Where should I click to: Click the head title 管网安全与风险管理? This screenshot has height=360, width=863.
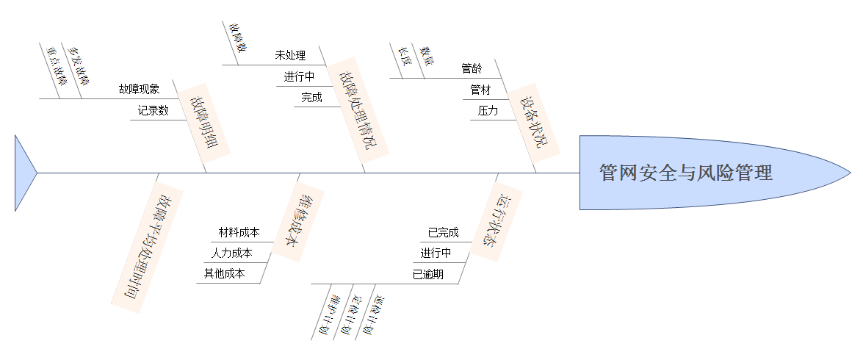[685, 173]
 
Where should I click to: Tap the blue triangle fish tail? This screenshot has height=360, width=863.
[24, 173]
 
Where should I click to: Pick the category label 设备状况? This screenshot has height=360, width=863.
[533, 122]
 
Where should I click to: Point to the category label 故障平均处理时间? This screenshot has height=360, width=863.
[148, 248]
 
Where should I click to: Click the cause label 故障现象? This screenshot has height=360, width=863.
[139, 90]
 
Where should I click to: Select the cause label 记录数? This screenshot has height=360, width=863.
[153, 111]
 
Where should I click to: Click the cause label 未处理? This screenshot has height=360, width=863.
[290, 55]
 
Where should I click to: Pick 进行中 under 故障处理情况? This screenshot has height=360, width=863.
[299, 76]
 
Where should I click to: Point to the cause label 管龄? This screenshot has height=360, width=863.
[472, 69]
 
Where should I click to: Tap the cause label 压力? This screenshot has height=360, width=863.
[488, 111]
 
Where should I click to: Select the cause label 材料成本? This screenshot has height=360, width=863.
[239, 233]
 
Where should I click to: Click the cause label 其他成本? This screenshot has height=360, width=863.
[224, 274]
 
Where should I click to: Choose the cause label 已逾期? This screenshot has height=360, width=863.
[427, 275]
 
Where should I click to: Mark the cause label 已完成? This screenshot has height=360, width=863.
[443, 233]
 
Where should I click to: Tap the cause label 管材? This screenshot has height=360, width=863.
[480, 90]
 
